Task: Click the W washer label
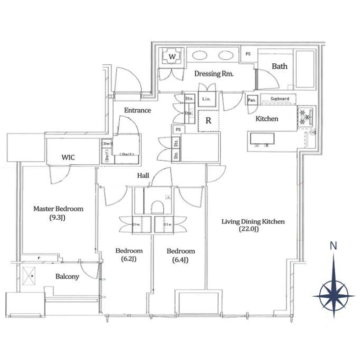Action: click(172, 57)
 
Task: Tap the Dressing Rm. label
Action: click(213, 74)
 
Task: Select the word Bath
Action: click(280, 66)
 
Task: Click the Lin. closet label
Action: click(206, 100)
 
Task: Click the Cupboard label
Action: click(280, 99)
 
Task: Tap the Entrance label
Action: click(137, 110)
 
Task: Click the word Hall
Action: click(143, 175)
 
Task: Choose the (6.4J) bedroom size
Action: click(180, 259)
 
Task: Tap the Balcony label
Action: click(67, 276)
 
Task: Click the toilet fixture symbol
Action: click(158, 206)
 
